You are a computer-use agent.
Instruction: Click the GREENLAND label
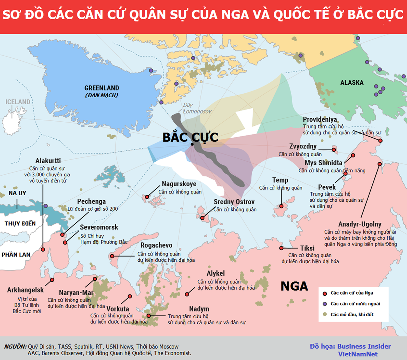click(x=101, y=88)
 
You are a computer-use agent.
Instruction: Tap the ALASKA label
click(x=352, y=83)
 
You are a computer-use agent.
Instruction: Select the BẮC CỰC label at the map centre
click(x=190, y=137)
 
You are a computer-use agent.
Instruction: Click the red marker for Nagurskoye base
click(x=147, y=197)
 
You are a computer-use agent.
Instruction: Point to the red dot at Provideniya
click(x=381, y=140)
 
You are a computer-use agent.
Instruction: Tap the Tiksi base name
click(x=307, y=248)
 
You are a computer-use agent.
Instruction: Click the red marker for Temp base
click(x=281, y=206)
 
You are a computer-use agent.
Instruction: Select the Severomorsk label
click(x=99, y=227)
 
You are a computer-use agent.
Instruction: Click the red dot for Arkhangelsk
click(x=52, y=280)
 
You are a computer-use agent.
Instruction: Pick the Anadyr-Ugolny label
click(x=360, y=224)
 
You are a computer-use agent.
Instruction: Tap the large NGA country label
click(x=294, y=286)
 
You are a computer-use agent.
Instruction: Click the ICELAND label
click(x=18, y=102)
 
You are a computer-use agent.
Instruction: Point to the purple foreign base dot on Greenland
click(x=151, y=71)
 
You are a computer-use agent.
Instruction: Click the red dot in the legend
click(x=325, y=293)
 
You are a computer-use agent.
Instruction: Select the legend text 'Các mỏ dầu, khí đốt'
click(x=352, y=315)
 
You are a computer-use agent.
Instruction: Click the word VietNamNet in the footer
click(x=357, y=354)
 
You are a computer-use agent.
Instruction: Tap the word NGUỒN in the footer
click(x=15, y=346)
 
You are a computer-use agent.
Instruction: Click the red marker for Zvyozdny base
click(x=334, y=149)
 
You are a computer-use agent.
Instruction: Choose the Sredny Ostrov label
click(x=234, y=202)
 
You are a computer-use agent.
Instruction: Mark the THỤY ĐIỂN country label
click(x=20, y=224)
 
